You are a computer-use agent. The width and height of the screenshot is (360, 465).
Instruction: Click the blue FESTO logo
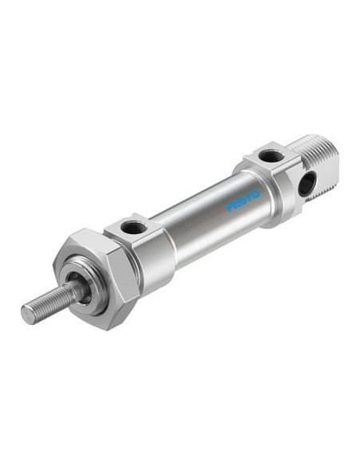[243, 201]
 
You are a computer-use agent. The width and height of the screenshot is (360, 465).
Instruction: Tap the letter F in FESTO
[229, 207]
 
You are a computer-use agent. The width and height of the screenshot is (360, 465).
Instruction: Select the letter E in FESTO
[236, 204]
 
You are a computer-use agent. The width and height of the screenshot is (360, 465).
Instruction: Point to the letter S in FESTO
[243, 201]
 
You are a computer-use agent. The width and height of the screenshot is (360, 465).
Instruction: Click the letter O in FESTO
[256, 194]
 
